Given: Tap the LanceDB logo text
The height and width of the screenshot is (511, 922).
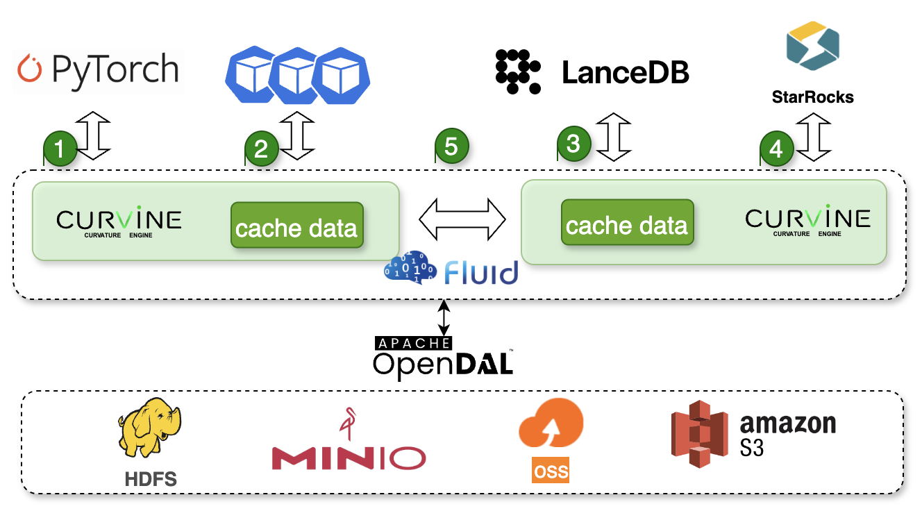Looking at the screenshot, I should tap(625, 72).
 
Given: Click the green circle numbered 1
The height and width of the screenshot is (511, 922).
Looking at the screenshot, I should tap(60, 149).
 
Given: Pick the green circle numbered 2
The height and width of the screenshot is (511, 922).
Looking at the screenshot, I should tap(262, 149).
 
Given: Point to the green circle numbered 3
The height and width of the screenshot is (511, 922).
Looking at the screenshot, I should tap(573, 144).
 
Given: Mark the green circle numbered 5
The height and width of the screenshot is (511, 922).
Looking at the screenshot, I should tap(451, 146).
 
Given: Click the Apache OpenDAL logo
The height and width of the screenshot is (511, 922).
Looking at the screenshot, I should tap(444, 356).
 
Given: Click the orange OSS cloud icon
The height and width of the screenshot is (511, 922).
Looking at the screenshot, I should tap(551, 425).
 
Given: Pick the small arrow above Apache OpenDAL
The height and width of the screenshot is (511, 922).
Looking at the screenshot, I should tap(444, 318).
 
